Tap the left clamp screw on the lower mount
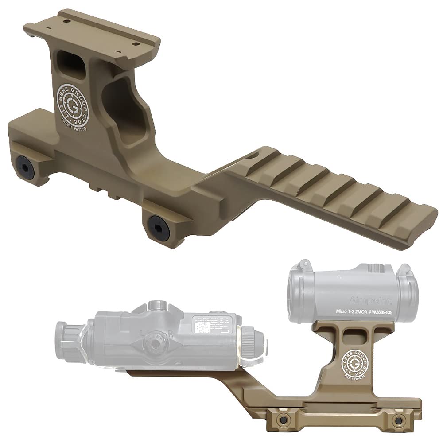[280, 419]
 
